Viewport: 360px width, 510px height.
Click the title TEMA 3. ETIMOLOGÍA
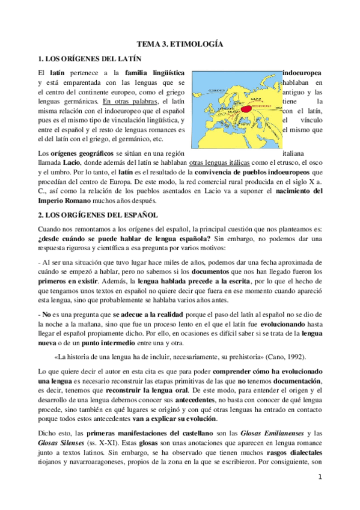(180, 45)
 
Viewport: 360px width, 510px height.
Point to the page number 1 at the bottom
(321, 478)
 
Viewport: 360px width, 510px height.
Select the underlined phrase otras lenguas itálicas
(217, 164)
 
